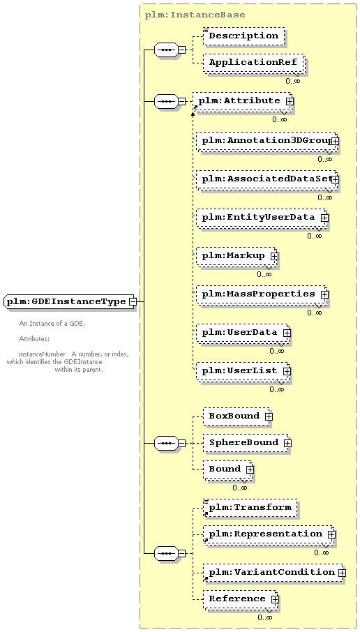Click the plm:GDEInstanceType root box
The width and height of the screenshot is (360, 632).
(x=69, y=301)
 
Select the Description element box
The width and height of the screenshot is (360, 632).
(x=243, y=36)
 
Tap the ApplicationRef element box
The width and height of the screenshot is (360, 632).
(x=253, y=63)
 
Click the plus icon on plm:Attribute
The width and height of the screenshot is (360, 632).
(x=290, y=101)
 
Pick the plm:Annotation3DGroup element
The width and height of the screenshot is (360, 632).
(x=267, y=141)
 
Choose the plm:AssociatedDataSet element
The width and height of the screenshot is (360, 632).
(x=267, y=179)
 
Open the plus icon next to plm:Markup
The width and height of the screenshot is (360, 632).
(x=274, y=256)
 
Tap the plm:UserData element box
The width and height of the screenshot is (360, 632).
(x=243, y=333)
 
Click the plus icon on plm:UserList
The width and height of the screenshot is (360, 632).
(x=287, y=371)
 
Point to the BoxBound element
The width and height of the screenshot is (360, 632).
(x=237, y=416)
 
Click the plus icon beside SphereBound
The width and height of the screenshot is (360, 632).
(x=288, y=443)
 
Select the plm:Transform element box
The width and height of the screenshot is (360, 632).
(x=250, y=507)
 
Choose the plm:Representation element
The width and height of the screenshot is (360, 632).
(x=268, y=534)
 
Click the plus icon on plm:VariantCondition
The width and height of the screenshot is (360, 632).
(x=342, y=573)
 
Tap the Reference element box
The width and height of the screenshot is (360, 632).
(x=239, y=599)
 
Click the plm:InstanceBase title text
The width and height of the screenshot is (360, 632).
(x=195, y=15)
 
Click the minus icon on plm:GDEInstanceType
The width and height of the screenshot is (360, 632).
(x=132, y=302)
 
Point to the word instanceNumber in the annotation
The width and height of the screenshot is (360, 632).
(x=42, y=354)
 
